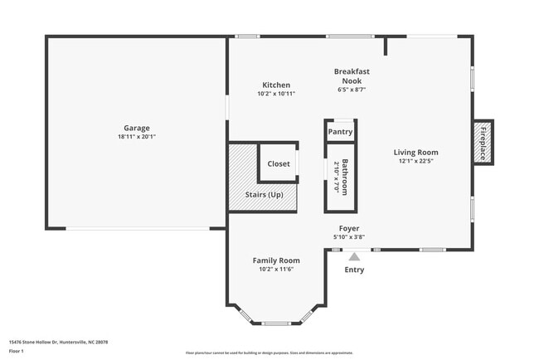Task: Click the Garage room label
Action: [137, 128]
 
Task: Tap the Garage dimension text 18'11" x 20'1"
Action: [137, 137]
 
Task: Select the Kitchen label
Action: [276, 85]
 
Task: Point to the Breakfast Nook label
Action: [352, 75]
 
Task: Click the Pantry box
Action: [340, 132]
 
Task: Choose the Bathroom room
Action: [340, 176]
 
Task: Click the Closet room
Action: [279, 163]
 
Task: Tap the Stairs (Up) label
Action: [264, 194]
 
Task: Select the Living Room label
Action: [415, 152]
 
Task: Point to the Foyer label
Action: [349, 228]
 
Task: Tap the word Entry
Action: [354, 270]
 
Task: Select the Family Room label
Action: [276, 260]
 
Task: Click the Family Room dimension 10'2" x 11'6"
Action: [276, 270]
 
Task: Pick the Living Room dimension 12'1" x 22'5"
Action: [415, 161]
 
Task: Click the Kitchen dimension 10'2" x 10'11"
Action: [276, 94]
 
